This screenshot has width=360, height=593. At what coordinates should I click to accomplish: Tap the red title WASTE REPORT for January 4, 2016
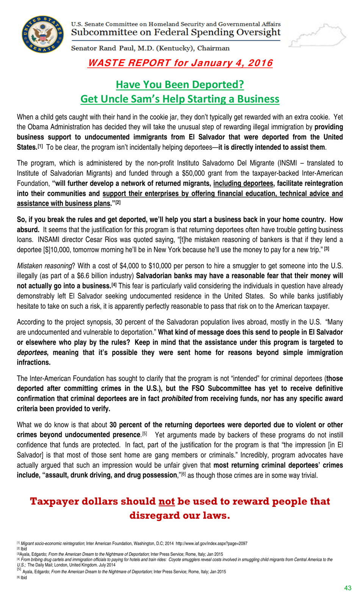180,63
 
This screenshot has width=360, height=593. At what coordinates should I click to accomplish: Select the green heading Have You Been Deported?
180,84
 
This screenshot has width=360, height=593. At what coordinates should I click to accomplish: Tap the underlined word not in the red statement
166,501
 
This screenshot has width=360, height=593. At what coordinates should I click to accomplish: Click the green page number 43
347,588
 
